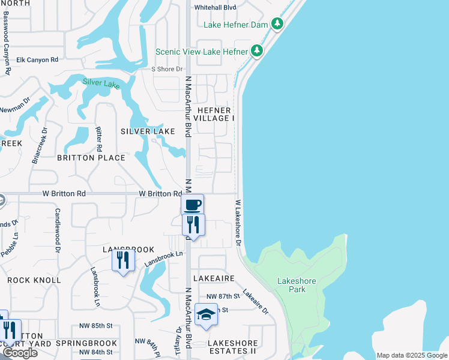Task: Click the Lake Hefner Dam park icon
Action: tap(277, 24)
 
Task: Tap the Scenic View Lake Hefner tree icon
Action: tap(258, 51)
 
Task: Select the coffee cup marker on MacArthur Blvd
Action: tap(193, 205)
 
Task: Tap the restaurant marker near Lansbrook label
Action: tap(122, 260)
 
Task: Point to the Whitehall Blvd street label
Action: tap(214, 7)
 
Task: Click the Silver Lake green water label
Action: tap(101, 83)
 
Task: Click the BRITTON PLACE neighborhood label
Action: tap(91, 158)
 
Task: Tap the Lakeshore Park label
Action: tap(292, 285)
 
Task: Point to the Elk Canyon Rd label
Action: tap(37, 60)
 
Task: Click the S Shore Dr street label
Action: tap(166, 69)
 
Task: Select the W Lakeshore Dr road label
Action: tap(238, 223)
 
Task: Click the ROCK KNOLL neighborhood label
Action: tap(34, 280)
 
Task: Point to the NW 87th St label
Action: tap(223, 296)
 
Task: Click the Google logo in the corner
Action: tap(20, 353)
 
